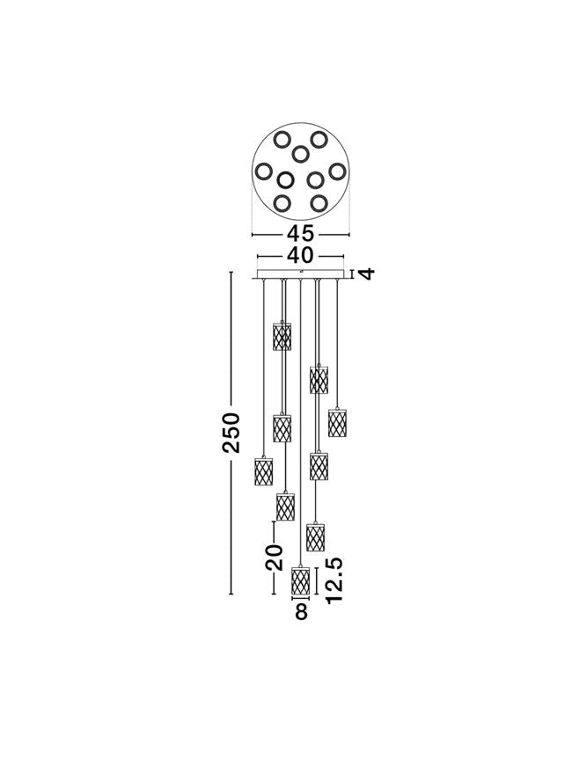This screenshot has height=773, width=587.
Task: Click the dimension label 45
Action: click(x=300, y=233)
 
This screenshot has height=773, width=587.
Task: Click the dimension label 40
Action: click(x=300, y=255)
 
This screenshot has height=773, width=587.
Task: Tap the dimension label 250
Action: click(x=231, y=433)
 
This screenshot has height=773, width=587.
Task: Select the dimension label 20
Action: click(x=275, y=558)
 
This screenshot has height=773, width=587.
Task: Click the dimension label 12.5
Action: click(x=334, y=580)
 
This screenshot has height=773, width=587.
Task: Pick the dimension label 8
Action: click(x=301, y=612)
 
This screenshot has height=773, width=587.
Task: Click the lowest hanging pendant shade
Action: click(x=301, y=580)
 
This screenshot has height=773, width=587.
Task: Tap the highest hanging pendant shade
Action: click(x=282, y=336)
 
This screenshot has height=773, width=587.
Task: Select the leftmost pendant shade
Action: click(x=263, y=471)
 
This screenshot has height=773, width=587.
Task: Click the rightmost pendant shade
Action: click(x=337, y=422)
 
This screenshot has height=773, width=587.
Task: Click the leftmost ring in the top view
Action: click(x=263, y=171)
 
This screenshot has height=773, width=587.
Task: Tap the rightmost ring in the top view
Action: click(x=337, y=171)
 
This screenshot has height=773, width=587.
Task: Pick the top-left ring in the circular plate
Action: click(x=282, y=140)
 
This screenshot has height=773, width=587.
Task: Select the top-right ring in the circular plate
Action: click(x=319, y=140)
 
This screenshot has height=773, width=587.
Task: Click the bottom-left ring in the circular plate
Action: click(x=282, y=203)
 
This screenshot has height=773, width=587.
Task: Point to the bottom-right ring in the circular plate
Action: click(x=319, y=203)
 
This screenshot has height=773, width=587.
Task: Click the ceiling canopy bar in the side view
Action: click(x=300, y=273)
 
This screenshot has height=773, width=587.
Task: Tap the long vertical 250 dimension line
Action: click(x=231, y=433)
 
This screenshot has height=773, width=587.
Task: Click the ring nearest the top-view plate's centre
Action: click(x=300, y=154)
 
